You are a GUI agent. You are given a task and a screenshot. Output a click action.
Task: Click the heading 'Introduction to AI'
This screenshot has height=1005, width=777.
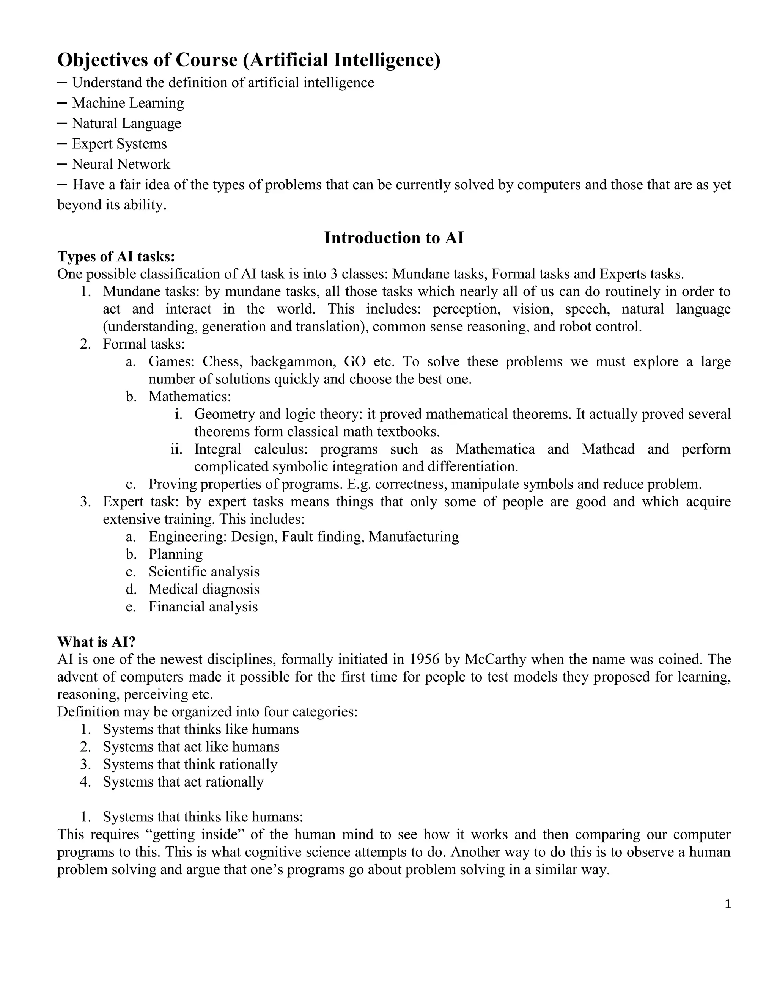(394, 238)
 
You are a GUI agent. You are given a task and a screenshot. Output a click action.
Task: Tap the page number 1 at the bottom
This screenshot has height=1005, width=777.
(727, 904)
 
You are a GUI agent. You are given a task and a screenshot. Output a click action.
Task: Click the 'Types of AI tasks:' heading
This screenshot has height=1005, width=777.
(116, 256)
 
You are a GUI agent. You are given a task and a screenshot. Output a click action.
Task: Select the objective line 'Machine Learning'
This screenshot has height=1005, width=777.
(127, 103)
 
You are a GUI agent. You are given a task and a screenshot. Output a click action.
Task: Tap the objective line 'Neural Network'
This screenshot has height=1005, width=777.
(121, 164)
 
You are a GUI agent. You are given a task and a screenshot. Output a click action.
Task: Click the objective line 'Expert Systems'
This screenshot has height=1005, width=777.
(119, 144)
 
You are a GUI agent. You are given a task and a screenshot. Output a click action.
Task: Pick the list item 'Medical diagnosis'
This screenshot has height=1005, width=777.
(203, 589)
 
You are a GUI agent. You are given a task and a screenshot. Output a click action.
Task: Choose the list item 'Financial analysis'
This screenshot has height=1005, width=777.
(203, 606)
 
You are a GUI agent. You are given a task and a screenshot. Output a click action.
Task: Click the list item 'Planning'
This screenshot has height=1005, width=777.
(175, 554)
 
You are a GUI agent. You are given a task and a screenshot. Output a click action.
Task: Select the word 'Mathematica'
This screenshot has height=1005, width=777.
(495, 449)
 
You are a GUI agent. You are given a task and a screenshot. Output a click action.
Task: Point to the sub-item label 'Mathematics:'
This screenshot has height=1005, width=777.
(190, 396)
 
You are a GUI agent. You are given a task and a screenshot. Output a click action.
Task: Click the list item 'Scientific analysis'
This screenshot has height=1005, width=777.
(203, 572)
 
